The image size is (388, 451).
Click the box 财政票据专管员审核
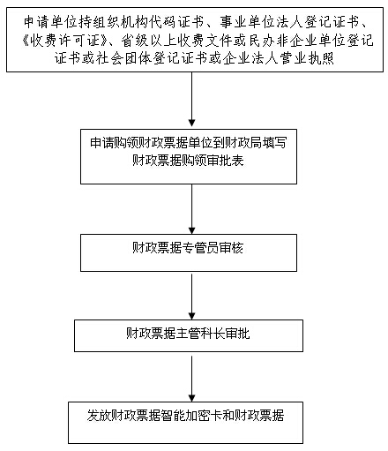189,252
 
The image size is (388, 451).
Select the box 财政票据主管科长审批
189,335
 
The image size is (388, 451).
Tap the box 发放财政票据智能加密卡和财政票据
186,423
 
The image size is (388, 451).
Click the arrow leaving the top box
191,99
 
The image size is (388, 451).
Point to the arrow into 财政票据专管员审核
191,209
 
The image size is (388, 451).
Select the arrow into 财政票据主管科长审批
191,297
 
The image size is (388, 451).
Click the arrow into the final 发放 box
191,379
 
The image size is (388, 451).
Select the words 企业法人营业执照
278,58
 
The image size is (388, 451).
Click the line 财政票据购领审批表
188,161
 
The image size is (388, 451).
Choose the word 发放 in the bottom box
99,416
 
